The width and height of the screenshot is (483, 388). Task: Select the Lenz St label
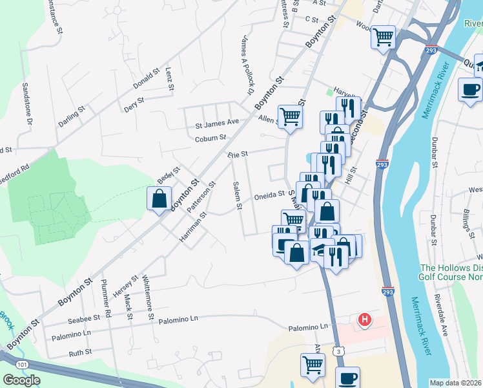(170, 78)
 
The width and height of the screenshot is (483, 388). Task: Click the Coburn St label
(211, 138)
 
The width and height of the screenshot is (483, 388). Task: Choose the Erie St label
(238, 155)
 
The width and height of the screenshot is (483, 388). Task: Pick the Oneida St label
(269, 195)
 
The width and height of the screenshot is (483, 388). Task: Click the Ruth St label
(80, 352)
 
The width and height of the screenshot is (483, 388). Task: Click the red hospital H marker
(365, 319)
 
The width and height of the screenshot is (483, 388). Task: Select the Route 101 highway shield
(23, 365)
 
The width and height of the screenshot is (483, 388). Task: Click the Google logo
(22, 380)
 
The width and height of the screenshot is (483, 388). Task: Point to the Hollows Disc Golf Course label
(451, 272)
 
